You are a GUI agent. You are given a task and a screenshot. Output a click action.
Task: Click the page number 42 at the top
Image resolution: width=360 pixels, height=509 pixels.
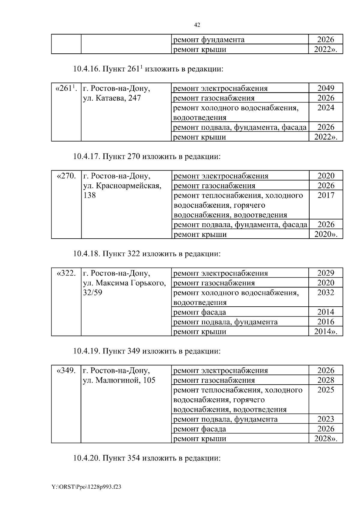(197, 25)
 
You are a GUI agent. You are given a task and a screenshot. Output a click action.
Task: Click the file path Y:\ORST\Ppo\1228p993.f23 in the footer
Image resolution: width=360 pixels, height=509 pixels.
(86, 487)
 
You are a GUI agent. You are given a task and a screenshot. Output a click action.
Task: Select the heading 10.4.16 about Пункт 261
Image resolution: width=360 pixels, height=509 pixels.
(148, 69)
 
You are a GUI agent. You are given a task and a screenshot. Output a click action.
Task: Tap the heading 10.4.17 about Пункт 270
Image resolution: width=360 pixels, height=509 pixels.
(147, 156)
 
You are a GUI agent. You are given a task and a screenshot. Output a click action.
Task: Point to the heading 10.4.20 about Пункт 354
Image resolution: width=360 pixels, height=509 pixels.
(147, 459)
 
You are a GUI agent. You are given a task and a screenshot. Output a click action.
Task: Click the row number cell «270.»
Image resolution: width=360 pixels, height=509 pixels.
(66, 176)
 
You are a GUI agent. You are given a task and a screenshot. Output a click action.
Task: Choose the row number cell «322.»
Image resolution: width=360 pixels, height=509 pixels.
(66, 273)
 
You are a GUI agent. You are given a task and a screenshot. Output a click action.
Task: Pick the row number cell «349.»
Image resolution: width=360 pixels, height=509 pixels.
(66, 371)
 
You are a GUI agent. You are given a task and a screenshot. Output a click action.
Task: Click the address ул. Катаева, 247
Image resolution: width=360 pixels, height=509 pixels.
(112, 98)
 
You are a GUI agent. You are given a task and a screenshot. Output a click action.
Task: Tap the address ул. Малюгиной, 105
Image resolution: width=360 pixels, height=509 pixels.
(119, 380)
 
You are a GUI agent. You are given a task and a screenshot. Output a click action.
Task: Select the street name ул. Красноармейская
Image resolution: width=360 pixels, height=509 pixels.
(122, 186)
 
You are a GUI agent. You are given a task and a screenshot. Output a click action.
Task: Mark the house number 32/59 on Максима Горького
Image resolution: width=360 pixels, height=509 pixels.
(92, 293)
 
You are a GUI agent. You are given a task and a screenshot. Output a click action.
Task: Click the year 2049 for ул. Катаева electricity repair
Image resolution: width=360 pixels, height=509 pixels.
(326, 88)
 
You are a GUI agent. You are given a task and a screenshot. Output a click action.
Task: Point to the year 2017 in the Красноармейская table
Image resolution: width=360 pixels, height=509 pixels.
(326, 195)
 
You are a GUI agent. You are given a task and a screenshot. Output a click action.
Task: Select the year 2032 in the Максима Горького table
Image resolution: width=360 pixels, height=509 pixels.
(326, 293)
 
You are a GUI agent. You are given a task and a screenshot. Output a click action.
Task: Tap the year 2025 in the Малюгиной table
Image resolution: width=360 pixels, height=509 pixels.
(326, 390)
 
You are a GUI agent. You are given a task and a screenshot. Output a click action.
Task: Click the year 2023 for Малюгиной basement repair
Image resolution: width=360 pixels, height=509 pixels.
(326, 419)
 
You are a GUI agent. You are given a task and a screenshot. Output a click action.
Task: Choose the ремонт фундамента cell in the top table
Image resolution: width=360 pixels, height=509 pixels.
(209, 40)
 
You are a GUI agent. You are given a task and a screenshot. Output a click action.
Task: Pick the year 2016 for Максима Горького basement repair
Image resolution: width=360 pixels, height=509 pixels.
(326, 322)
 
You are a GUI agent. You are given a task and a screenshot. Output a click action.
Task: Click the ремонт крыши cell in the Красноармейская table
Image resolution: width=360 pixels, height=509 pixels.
(200, 234)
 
